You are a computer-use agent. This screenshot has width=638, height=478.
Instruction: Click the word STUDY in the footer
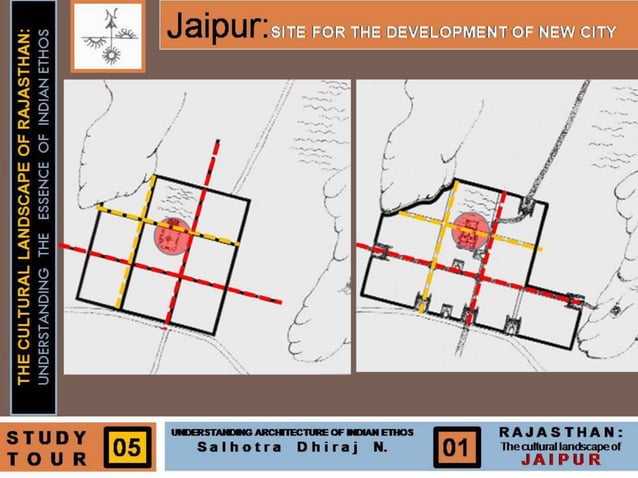[46, 437]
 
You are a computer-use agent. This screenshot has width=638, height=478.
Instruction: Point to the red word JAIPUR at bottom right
[561, 460]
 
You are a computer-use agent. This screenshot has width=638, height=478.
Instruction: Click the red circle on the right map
[471, 229]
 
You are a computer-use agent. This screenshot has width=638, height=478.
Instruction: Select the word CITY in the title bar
[596, 32]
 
